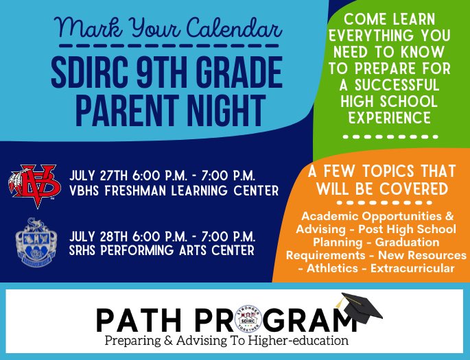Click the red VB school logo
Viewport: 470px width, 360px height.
coord(37,186)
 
